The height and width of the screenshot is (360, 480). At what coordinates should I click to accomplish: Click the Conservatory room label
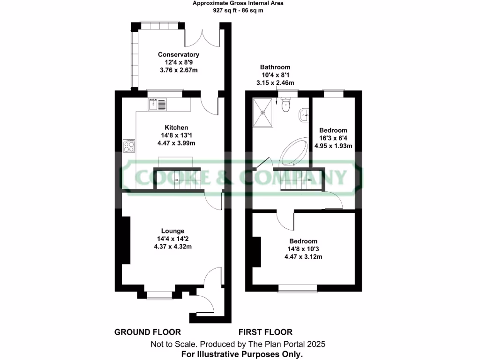pos(178,55)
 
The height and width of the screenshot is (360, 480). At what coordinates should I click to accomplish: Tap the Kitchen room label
pos(176,127)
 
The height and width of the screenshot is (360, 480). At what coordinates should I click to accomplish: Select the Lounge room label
pos(172,231)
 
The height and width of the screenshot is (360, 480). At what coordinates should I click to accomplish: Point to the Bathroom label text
pos(275,67)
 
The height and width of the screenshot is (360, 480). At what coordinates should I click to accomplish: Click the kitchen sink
pos(157,105)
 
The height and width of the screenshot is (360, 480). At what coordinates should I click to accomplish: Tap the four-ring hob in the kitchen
pos(128,147)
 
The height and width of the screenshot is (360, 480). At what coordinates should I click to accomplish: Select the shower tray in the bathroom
pos(263,112)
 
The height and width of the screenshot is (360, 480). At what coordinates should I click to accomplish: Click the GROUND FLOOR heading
pos(141,332)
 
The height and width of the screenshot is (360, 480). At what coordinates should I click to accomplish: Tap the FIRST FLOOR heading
pos(265,332)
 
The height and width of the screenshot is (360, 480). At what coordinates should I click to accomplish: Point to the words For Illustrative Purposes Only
pos(242,354)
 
